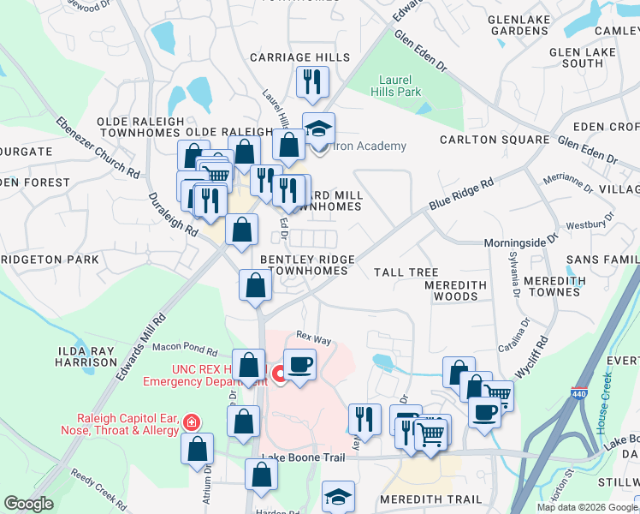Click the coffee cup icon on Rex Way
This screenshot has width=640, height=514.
point(299,364)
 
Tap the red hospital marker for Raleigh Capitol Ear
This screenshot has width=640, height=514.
point(192,422)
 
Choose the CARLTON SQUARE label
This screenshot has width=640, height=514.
point(495,140)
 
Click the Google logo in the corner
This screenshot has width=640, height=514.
point(29,504)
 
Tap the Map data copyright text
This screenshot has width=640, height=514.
point(587,507)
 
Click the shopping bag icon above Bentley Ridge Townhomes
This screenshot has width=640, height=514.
point(242,229)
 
